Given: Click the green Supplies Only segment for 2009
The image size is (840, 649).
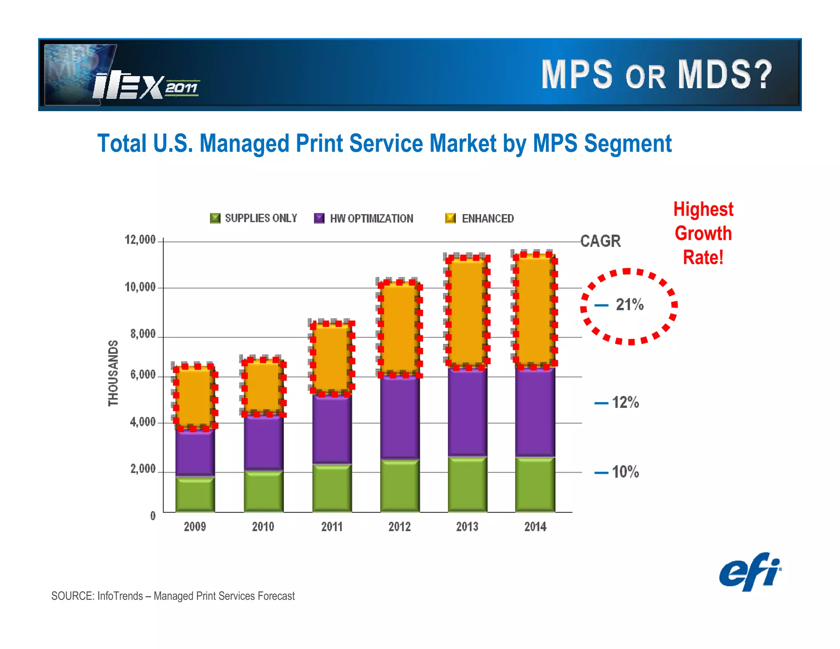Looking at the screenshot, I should point(195,494).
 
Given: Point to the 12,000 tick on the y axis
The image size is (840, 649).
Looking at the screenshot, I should point(140,240).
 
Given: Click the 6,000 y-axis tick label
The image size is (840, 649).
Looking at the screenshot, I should point(143,375).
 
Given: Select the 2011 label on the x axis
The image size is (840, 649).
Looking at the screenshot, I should point(332,527).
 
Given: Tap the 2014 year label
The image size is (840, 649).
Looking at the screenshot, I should point(535,527).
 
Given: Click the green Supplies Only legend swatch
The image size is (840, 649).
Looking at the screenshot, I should point(215,218).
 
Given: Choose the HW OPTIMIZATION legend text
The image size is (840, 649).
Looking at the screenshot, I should point(372,219).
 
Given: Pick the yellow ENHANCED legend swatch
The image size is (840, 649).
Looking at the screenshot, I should point(450,218).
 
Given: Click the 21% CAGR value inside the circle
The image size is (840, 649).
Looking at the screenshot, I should point(630,305).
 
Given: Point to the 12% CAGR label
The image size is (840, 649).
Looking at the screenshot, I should point(625,402).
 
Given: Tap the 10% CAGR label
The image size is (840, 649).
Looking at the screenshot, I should point(625,472).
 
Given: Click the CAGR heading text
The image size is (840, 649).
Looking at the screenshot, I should point(600,241).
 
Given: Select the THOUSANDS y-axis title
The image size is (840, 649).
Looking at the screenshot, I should point(113,373).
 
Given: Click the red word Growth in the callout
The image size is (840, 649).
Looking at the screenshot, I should point(703,233).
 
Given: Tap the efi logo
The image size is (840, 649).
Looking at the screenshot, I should point(750,572).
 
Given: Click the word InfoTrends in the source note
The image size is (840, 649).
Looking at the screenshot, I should point(120,596).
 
